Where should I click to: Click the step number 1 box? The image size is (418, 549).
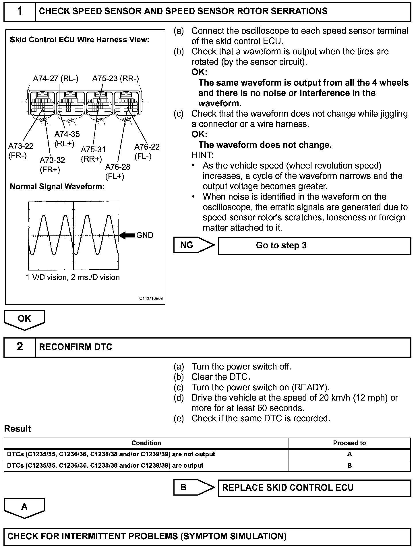pyautogui.click(x=20, y=11)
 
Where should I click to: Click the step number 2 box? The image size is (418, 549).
pyautogui.click(x=20, y=347)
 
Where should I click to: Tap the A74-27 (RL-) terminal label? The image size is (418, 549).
pyautogui.click(x=55, y=79)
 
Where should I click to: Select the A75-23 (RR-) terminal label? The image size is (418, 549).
pyautogui.click(x=115, y=79)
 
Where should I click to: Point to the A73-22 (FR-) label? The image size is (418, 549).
pyautogui.click(x=21, y=151)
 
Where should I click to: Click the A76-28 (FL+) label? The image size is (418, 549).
pyautogui.click(x=117, y=171)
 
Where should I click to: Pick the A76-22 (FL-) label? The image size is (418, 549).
pyautogui.click(x=147, y=151)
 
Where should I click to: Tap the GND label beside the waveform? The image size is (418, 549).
pyautogui.click(x=145, y=235)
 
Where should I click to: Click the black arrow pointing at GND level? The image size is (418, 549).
pyautogui.click(x=127, y=235)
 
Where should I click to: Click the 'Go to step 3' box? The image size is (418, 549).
pyautogui.click(x=314, y=246)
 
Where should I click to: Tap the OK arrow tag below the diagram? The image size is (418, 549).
pyautogui.click(x=24, y=319)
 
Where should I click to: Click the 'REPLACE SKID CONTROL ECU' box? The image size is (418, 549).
pyautogui.click(x=314, y=488)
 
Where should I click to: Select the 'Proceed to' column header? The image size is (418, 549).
pyautogui.click(x=349, y=443)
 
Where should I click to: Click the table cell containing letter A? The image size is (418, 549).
pyautogui.click(x=349, y=454)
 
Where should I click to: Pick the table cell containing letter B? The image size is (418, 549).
pyautogui.click(x=349, y=465)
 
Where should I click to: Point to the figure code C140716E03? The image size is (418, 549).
pyautogui.click(x=151, y=299)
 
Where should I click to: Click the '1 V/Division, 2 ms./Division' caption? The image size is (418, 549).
pyautogui.click(x=73, y=277)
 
